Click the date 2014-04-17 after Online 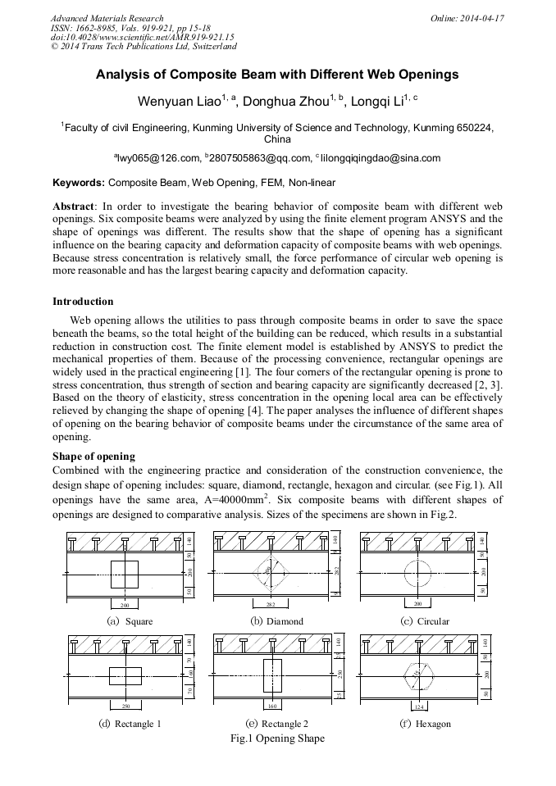pos(481,18)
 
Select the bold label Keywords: pos(79,182)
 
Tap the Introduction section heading pos(83,302)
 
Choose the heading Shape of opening pos(93,456)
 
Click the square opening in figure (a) pos(125,574)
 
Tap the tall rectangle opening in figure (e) pos(272,676)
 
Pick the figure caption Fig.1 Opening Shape pos(278,738)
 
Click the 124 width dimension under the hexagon pos(419,706)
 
